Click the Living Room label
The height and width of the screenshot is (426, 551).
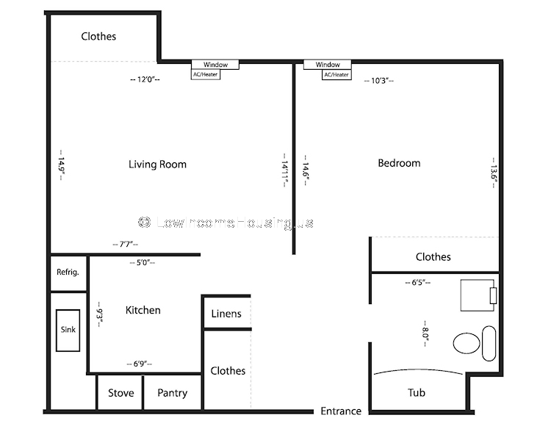(157, 165)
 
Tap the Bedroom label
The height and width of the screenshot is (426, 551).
(399, 163)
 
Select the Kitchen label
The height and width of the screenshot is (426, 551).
(143, 310)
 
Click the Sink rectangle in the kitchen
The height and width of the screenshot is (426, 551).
(68, 330)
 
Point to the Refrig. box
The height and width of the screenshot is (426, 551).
(68, 273)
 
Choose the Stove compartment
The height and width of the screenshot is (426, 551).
(120, 392)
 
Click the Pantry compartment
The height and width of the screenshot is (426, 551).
(172, 392)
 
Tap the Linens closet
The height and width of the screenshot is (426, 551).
(227, 313)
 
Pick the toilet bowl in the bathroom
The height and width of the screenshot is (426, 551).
(467, 343)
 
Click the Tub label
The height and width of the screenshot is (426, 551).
(417, 392)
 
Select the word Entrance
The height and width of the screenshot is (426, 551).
(341, 411)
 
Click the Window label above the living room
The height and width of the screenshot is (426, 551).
(215, 65)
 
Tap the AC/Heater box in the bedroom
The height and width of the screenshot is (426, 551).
(336, 75)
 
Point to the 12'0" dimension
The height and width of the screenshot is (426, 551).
(145, 79)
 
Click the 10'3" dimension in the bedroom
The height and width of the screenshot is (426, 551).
(379, 81)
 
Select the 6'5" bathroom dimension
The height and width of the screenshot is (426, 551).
(418, 282)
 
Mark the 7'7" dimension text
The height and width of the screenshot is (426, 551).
(126, 244)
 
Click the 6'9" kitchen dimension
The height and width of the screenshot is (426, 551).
(140, 364)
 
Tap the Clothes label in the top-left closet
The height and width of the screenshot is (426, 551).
(98, 36)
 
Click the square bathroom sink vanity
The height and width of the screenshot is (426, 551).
(478, 295)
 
